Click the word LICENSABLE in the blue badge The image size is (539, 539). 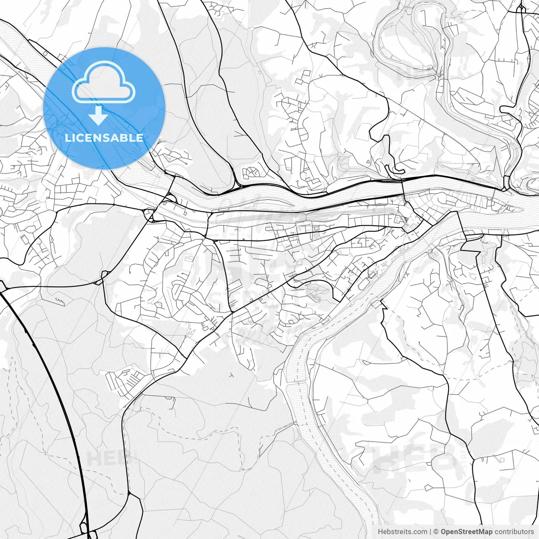[x=104, y=138]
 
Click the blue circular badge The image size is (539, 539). [x=104, y=108]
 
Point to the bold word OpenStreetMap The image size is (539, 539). [x=467, y=532]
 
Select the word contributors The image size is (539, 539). [x=514, y=532]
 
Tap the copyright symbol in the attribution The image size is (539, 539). [x=436, y=532]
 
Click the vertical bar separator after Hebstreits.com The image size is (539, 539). [x=430, y=532]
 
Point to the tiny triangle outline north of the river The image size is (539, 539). [x=368, y=161]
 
